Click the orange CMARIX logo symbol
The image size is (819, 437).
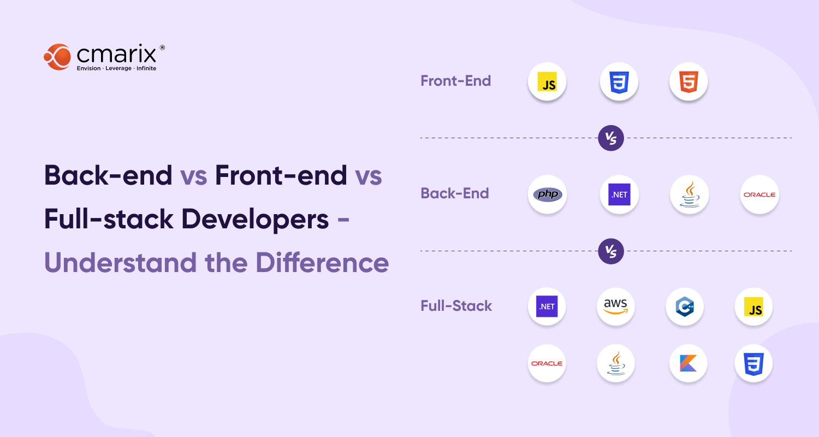click(58, 57)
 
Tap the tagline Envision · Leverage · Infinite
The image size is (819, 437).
click(116, 68)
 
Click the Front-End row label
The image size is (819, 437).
click(455, 81)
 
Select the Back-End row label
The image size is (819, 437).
click(454, 193)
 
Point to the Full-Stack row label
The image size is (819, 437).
click(456, 306)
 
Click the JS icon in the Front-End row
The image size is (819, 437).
click(547, 82)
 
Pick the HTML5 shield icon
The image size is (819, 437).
click(689, 82)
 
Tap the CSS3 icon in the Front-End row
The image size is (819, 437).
click(619, 82)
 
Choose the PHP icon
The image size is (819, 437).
click(547, 194)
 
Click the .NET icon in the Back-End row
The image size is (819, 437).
click(619, 194)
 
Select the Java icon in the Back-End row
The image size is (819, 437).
click(689, 194)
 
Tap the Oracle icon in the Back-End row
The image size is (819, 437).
click(759, 194)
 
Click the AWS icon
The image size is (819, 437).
click(616, 306)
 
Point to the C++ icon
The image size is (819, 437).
click(685, 306)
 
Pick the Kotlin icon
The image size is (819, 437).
click(688, 363)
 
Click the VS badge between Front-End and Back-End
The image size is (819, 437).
click(611, 138)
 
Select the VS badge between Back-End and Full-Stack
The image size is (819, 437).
click(611, 251)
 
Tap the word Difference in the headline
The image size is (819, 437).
click(322, 263)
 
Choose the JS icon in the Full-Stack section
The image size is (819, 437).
click(753, 306)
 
